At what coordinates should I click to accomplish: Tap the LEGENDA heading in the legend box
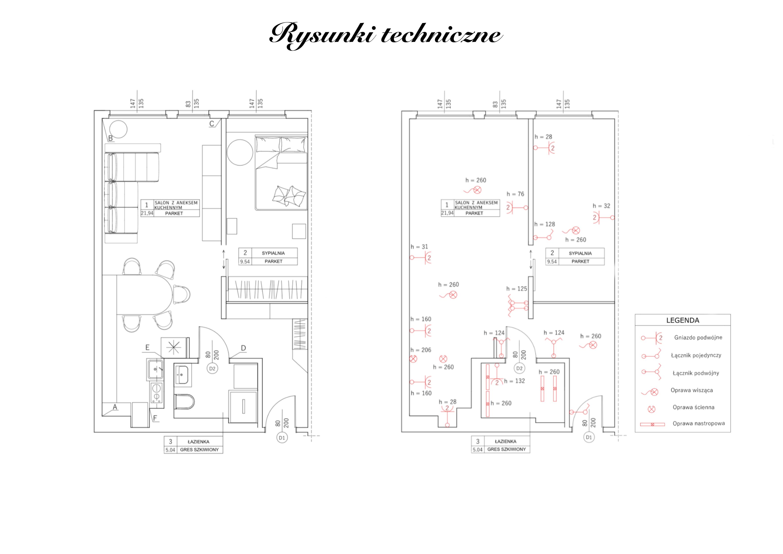pyautogui.click(x=682, y=320)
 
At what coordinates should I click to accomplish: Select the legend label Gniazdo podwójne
pyautogui.click(x=698, y=337)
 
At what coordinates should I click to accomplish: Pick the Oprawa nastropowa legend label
pyautogui.click(x=698, y=423)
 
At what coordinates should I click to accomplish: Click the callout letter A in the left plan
pyautogui.click(x=115, y=407)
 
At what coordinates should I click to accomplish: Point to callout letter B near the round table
pyautogui.click(x=110, y=138)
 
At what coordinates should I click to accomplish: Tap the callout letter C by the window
pyautogui.click(x=212, y=124)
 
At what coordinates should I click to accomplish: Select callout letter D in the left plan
pyautogui.click(x=243, y=348)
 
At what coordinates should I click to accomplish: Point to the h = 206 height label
pyautogui.click(x=421, y=350)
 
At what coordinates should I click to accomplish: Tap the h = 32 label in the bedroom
pyautogui.click(x=601, y=206)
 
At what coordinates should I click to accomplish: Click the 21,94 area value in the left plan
pyautogui.click(x=147, y=213)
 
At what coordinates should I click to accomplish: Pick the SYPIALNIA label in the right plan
pyautogui.click(x=580, y=253)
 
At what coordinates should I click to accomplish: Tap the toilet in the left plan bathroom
pyautogui.click(x=184, y=401)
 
